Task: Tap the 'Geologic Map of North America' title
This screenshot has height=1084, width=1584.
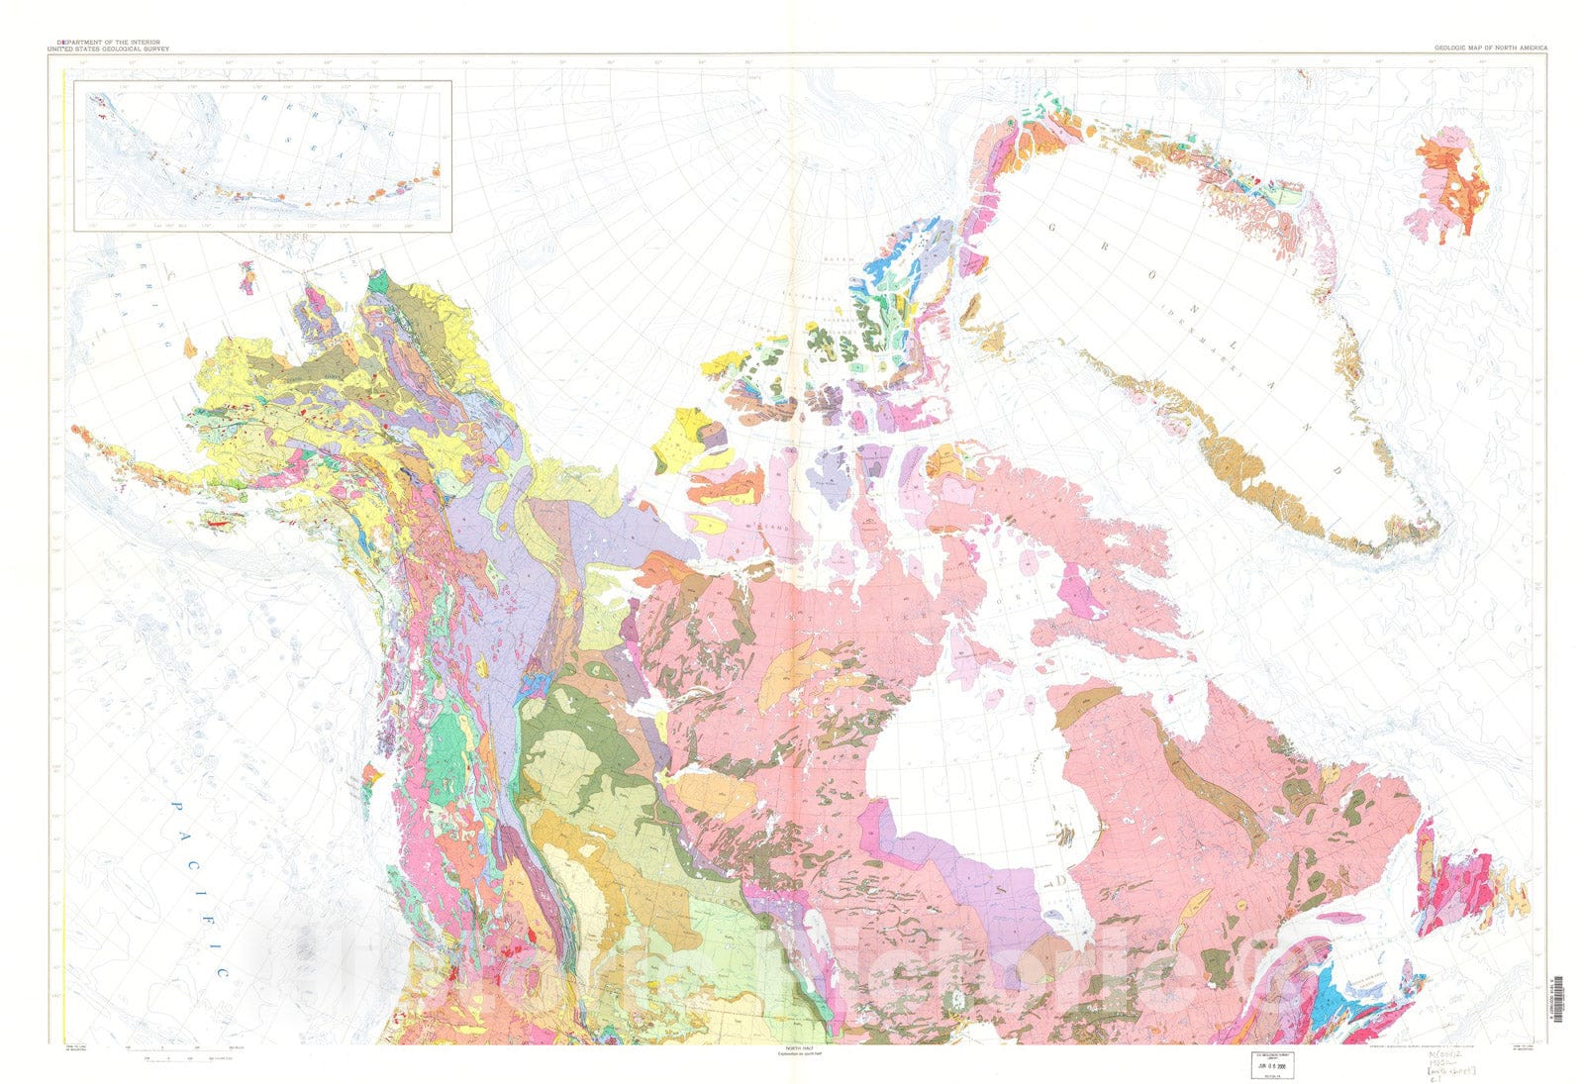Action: pos(1490,48)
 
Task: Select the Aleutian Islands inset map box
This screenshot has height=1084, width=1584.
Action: pos(268,155)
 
